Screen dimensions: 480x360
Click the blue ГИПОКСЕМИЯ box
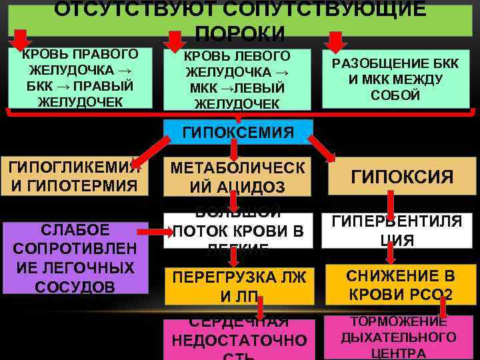[237, 132]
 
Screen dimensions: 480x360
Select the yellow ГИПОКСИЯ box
[401, 177]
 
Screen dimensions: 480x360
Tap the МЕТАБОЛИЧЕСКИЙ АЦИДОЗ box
[237, 177]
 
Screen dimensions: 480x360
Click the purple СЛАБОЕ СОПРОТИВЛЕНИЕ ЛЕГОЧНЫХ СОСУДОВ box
[75, 258]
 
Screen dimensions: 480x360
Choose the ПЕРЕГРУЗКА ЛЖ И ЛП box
[237, 285]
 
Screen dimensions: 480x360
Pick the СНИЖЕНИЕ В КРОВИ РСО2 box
[401, 285]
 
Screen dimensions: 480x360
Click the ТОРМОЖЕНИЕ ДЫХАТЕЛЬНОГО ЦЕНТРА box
[399, 337]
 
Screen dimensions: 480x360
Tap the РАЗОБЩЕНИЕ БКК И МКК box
[396, 79]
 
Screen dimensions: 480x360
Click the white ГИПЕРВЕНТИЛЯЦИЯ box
[401, 231]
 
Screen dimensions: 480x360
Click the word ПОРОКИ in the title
[240, 34]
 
